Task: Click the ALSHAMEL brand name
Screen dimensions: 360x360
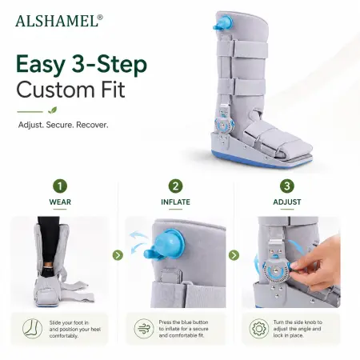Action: tap(57, 21)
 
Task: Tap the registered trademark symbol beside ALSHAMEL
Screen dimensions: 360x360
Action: tap(100, 17)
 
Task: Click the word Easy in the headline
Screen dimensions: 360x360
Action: tap(41, 65)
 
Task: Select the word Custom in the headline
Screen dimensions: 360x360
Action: tap(54, 90)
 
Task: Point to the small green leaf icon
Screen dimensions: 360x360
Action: tap(53, 110)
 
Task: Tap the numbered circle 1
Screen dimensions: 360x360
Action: tap(60, 186)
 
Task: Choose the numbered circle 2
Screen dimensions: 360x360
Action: tap(175, 186)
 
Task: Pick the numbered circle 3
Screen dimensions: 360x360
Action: tap(287, 186)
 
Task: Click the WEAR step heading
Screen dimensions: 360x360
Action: tap(60, 202)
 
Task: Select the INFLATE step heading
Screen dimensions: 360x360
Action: tap(175, 202)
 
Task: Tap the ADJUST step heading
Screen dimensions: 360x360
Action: tap(287, 202)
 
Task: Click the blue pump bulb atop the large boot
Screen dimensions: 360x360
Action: tap(223, 23)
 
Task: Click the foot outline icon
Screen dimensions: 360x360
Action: tap(32, 329)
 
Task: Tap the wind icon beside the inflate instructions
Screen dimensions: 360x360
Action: tap(144, 329)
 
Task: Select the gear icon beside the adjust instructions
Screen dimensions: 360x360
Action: tap(259, 329)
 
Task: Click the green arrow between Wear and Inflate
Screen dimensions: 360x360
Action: tap(118, 255)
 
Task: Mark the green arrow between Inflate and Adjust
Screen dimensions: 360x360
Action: tap(234, 255)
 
